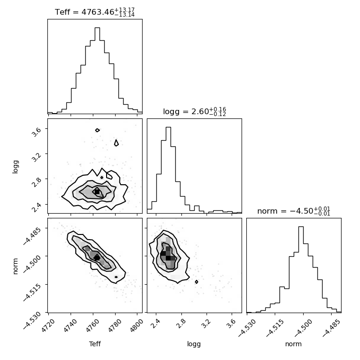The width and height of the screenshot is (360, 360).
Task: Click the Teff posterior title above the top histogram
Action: coord(95,12)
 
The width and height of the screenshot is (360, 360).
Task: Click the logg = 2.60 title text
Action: coord(195,112)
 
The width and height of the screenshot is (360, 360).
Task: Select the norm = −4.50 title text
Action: coord(294,211)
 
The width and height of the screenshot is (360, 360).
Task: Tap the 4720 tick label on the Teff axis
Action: coord(48,325)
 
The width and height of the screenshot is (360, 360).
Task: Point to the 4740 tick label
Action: coord(70,325)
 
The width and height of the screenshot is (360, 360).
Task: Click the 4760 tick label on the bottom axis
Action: coord(92,325)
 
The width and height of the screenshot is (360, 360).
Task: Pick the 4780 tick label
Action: coord(115,325)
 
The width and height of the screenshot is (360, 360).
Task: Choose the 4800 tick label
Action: coord(136,325)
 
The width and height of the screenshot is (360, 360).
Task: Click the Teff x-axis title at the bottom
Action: coord(95,344)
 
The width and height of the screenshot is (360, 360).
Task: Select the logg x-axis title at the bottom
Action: coord(194,344)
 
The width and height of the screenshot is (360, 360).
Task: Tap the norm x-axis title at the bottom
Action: coord(293,344)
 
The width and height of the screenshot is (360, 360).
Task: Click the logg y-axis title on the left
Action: coord(15,167)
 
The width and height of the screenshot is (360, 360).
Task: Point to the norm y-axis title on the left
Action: coord(15,266)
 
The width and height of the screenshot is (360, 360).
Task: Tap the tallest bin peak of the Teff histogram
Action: coord(97,28)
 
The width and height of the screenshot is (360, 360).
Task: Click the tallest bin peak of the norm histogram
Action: coord(301,227)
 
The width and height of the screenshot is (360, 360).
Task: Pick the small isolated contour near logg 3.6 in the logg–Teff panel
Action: coord(98,130)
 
